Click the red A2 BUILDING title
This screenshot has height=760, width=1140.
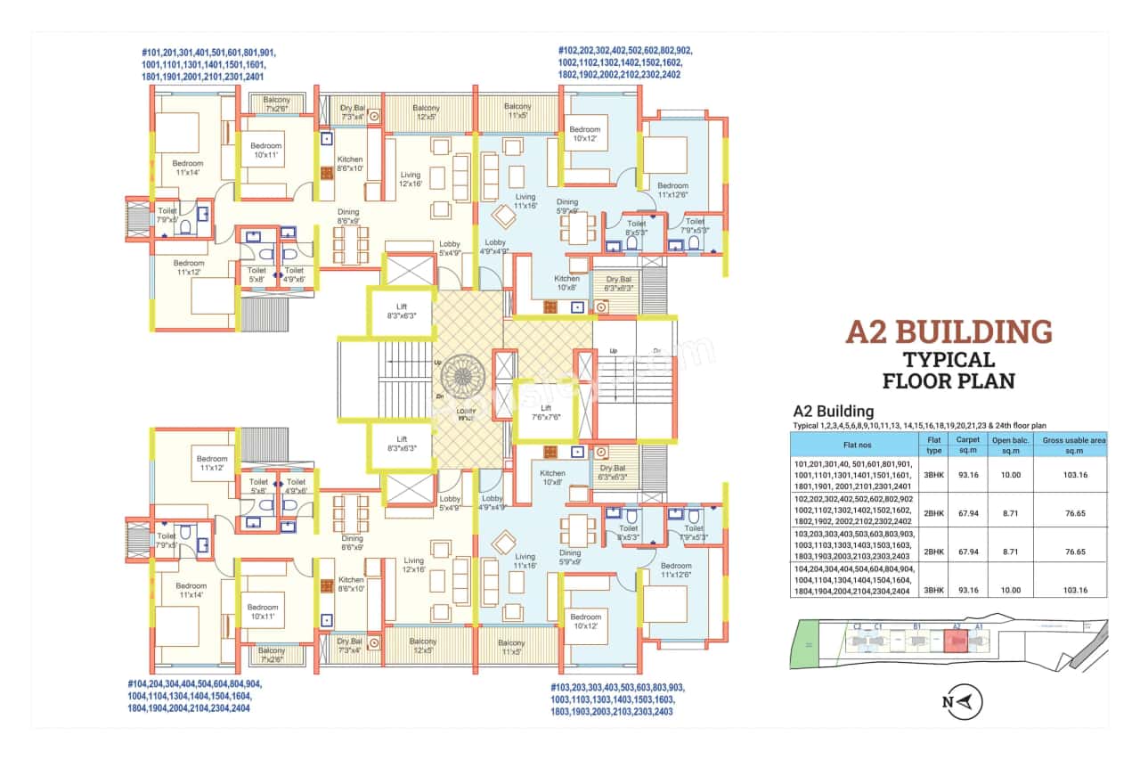point(949,331)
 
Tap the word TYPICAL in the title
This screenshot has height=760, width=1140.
point(949,360)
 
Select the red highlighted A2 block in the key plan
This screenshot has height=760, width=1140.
point(955,642)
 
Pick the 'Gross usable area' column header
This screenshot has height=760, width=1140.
point(1073,444)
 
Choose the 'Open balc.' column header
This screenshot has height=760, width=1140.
point(1009,444)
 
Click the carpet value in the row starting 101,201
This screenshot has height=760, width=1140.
point(966,475)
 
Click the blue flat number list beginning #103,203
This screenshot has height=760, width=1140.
point(618,699)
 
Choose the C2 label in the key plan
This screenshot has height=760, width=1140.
point(857,626)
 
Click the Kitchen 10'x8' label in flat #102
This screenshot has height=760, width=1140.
point(566,283)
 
